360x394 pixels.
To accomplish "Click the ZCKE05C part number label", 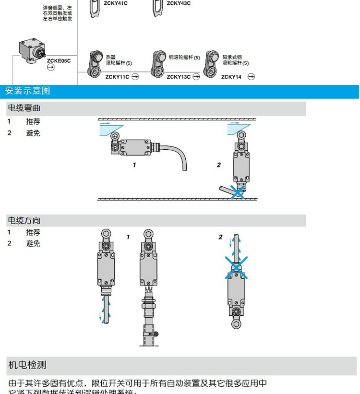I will tap(59, 60).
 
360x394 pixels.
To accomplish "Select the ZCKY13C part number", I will tap(179, 77).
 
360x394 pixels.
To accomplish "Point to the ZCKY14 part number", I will tap(231, 77).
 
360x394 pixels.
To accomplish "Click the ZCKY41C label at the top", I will tap(116, 3).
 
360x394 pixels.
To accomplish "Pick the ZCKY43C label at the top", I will tap(179, 3).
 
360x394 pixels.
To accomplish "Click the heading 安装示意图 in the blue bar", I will tap(28, 91).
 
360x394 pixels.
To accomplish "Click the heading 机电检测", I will tap(27, 365).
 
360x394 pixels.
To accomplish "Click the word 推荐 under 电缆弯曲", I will tap(33, 121).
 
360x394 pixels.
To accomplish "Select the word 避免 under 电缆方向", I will tap(33, 244).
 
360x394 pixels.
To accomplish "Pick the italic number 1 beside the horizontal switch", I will tap(134, 165).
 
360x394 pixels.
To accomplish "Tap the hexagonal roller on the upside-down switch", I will tap(236, 323).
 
